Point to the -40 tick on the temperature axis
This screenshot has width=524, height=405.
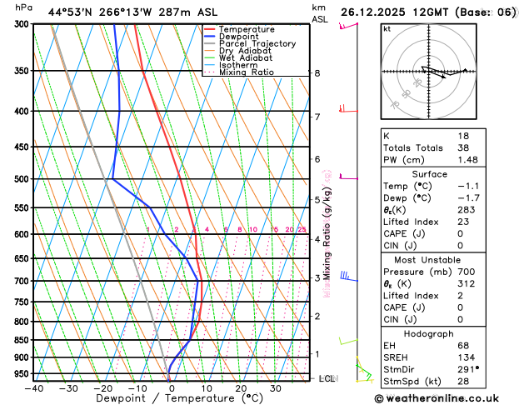(x=33, y=387)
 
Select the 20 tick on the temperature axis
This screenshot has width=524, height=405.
(x=241, y=387)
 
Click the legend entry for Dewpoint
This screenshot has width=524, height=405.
(x=237, y=37)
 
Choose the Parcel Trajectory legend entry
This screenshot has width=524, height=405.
(x=256, y=44)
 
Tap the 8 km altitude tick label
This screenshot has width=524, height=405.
(x=317, y=73)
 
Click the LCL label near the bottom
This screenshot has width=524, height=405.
(x=327, y=378)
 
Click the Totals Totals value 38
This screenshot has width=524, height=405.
(x=462, y=147)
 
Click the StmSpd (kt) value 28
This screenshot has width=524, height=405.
(x=462, y=381)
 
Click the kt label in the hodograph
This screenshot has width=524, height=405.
(x=387, y=28)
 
